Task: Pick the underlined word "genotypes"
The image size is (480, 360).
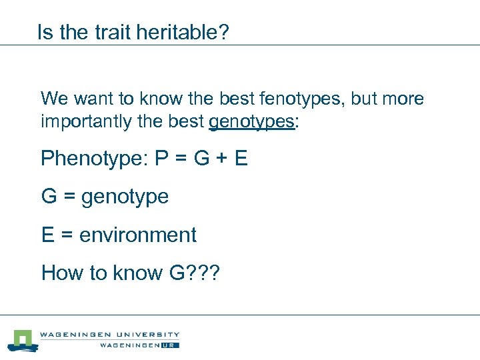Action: (x=251, y=123)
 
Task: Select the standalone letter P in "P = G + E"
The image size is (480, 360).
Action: (x=161, y=159)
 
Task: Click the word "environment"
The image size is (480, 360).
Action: (x=138, y=235)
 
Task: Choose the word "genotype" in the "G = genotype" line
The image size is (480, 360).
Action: (x=125, y=197)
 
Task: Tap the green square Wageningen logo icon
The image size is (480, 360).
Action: (x=23, y=340)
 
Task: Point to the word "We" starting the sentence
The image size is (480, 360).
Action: (x=54, y=99)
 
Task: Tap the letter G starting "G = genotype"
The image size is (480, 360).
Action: (x=49, y=197)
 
